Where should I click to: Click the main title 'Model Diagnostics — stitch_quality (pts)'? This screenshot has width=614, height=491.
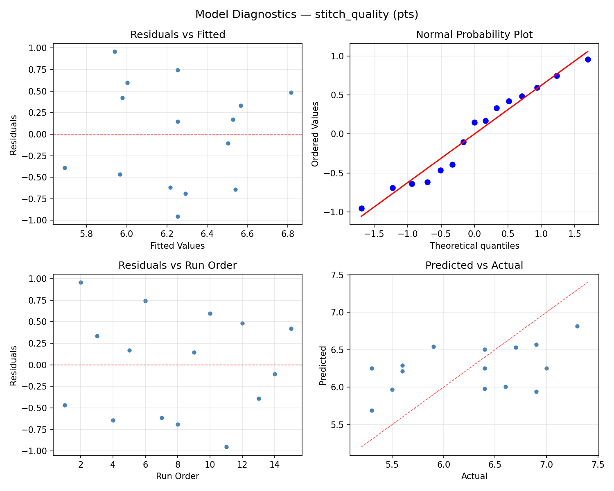[x=307, y=14]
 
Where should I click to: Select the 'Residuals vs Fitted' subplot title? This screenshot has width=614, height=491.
[x=178, y=35]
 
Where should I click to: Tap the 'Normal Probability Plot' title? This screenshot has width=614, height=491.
[x=474, y=35]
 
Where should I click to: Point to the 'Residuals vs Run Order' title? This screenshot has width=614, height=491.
[x=178, y=266]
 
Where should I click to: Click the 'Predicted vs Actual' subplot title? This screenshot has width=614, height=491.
[x=474, y=266]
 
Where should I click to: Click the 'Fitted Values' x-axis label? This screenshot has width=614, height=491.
[x=178, y=246]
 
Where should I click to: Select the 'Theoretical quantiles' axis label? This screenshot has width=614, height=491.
[x=474, y=246]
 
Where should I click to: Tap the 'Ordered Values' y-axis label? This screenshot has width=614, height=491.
[x=315, y=134]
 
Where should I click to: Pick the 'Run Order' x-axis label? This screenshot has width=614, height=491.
[x=178, y=476]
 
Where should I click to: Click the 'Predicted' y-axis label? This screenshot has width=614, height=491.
[x=323, y=365]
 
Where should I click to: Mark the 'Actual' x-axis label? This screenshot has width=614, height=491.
[x=474, y=476]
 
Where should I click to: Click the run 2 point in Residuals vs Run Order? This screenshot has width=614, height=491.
[x=81, y=282]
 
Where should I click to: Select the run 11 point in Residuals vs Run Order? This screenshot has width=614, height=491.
[x=226, y=447]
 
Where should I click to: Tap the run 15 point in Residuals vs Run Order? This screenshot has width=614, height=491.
[x=291, y=329]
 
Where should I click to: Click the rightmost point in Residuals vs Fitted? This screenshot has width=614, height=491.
[x=291, y=92]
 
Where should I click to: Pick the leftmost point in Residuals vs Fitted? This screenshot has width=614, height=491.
[x=65, y=168]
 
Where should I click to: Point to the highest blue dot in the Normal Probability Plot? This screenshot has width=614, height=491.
[x=588, y=59]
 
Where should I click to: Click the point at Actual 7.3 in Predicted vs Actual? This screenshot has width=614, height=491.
[x=577, y=326]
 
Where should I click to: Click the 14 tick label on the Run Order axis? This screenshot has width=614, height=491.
[x=275, y=464]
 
